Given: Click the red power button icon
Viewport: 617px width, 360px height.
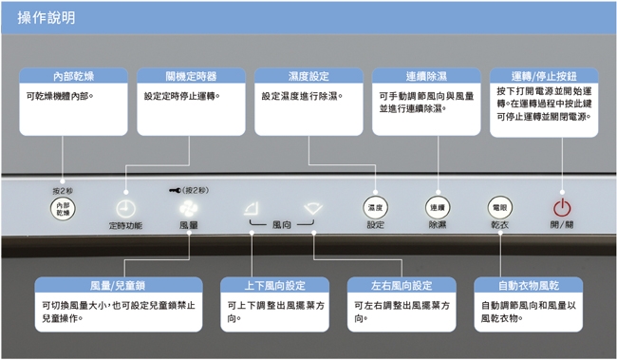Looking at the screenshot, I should [x=561, y=206].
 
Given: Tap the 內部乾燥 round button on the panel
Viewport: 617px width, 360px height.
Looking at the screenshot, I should [x=64, y=210].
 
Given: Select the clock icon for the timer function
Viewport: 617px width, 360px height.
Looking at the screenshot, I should [x=124, y=209].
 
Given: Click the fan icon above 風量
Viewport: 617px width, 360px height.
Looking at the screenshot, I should [x=188, y=208].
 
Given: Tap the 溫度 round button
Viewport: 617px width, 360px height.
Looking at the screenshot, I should [x=375, y=206].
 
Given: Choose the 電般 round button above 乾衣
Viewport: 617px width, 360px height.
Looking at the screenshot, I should [x=499, y=206].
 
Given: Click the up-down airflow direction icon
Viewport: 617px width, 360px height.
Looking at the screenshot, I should [x=250, y=208].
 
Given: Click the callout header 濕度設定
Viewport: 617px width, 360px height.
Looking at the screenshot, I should [x=308, y=75].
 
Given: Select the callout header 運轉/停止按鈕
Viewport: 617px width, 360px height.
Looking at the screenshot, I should [x=544, y=75].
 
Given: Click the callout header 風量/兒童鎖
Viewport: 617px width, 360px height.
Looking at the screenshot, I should [x=119, y=285].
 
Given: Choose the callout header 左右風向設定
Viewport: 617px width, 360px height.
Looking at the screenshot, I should [x=402, y=285].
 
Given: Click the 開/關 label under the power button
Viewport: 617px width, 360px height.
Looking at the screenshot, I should [x=561, y=226].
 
